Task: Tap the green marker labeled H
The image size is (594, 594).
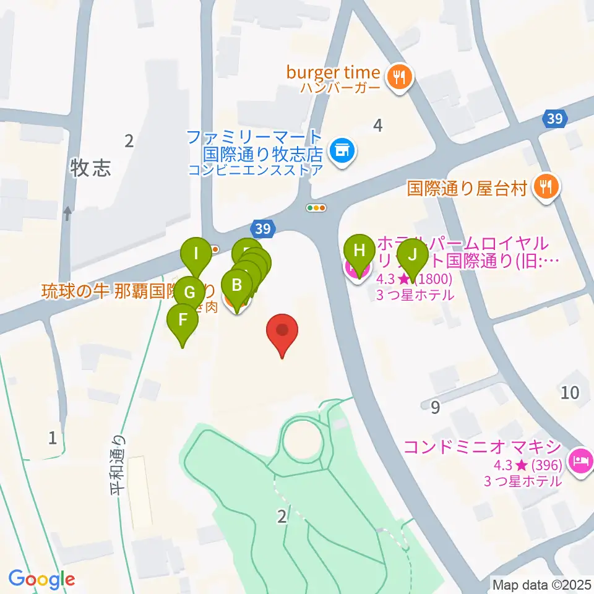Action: [359, 251]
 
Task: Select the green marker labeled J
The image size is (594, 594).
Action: [413, 254]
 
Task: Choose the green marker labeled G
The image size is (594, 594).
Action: [190, 291]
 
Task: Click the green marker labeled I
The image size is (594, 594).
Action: [197, 253]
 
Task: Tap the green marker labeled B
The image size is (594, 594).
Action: [236, 285]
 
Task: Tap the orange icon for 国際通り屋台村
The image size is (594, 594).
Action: [545, 186]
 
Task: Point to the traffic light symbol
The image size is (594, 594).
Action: [317, 209]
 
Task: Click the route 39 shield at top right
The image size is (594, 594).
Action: [555, 119]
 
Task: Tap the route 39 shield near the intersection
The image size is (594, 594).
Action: [262, 229]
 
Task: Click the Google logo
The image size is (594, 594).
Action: [42, 580]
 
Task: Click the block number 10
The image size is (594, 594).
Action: [569, 392]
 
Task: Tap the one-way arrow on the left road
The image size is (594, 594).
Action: [67, 214]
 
